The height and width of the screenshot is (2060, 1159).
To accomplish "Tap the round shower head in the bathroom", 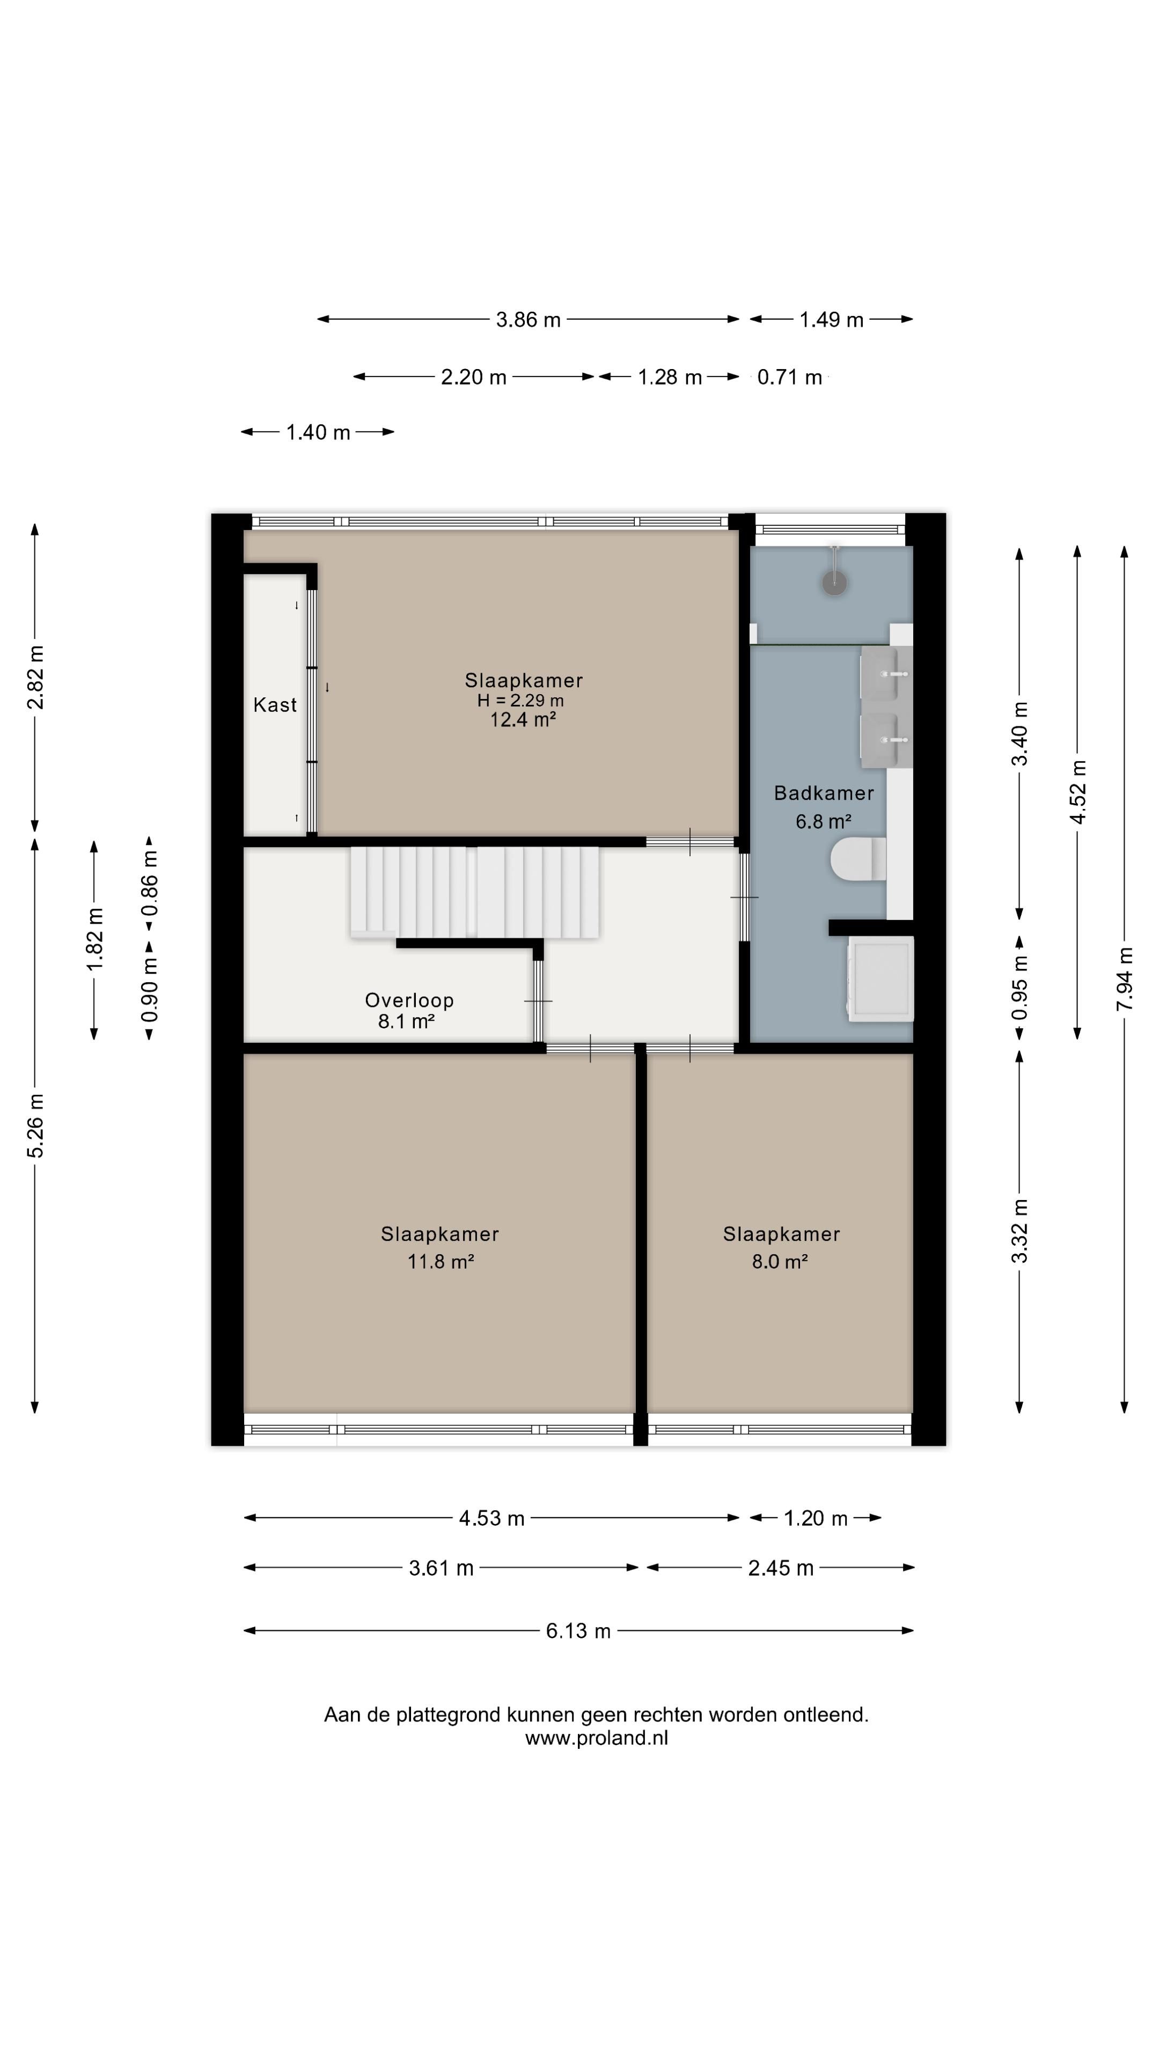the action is (834, 583).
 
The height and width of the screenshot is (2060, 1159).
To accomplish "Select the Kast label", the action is (275, 704).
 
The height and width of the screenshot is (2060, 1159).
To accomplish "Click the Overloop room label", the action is (409, 999).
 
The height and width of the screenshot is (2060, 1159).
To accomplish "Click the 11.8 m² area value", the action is (441, 1261).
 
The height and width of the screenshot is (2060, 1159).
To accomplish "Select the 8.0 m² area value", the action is (780, 1261).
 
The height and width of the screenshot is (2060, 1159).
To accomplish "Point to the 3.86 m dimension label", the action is (528, 320).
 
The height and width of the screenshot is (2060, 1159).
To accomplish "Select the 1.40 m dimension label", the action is (318, 432).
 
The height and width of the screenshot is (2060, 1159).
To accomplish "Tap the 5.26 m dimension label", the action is (35, 1125).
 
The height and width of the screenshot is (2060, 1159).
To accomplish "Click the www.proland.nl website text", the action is (597, 1738).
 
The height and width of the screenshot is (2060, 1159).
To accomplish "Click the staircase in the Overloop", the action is (474, 892).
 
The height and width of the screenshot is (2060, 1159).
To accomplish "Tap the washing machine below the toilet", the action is (881, 980).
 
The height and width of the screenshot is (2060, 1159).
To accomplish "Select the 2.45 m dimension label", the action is (781, 1568).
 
